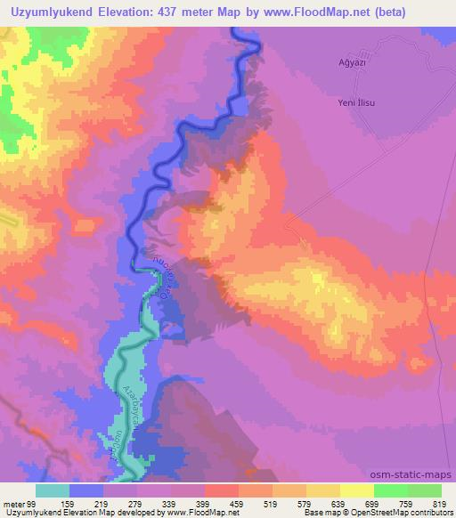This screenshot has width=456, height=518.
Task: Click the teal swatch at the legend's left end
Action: [53, 490]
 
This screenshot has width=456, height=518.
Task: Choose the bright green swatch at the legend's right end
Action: [424, 490]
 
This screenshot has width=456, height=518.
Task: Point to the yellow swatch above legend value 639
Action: [324, 490]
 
